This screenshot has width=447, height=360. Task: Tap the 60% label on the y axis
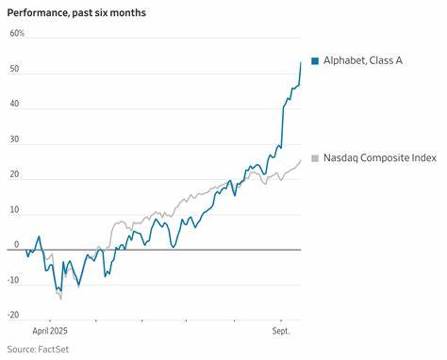point(18,34)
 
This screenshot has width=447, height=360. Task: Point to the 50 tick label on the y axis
point(15,70)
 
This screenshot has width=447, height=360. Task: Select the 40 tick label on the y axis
point(15,105)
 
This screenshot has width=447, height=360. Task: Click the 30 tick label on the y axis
point(15,139)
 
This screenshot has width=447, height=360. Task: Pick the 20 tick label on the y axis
point(15,175)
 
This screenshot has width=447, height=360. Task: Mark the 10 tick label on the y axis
point(15,210)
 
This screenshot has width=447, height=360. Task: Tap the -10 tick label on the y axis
point(14,280)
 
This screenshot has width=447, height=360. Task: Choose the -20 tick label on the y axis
point(14,316)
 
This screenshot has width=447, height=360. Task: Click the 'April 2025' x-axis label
point(51,332)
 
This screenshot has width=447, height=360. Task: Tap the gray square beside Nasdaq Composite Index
point(315,157)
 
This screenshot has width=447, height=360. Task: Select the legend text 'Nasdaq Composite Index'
point(380,157)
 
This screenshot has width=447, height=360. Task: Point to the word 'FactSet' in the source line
point(44,350)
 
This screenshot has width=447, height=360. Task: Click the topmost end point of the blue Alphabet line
point(301,62)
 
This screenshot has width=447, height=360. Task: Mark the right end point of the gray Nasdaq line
point(301,159)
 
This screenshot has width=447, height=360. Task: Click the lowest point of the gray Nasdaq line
point(60,299)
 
